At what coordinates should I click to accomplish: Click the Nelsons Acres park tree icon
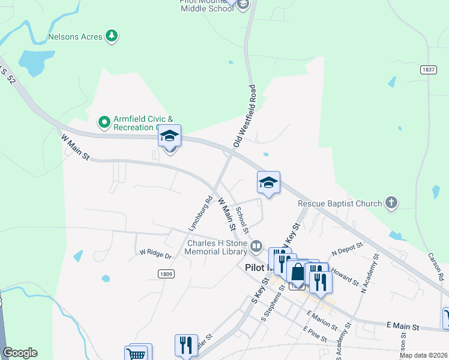coord(111,37)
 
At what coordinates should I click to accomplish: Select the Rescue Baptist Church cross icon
coord(391,203)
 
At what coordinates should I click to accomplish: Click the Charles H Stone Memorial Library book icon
coord(256,246)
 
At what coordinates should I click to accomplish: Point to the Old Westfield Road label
coord(245,116)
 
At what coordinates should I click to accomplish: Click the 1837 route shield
coord(429,70)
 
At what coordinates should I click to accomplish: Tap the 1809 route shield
coord(167,274)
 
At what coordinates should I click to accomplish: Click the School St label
coord(242,220)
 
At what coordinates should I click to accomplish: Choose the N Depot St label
coord(348,247)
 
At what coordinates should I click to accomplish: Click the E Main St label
coord(403,326)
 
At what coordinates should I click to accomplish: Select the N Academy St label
coord(369,273)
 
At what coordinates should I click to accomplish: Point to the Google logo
coord(20,353)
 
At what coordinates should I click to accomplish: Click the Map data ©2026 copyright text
coord(423,355)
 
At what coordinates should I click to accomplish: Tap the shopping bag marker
coord(298,271)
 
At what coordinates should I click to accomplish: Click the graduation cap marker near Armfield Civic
coord(170,137)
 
